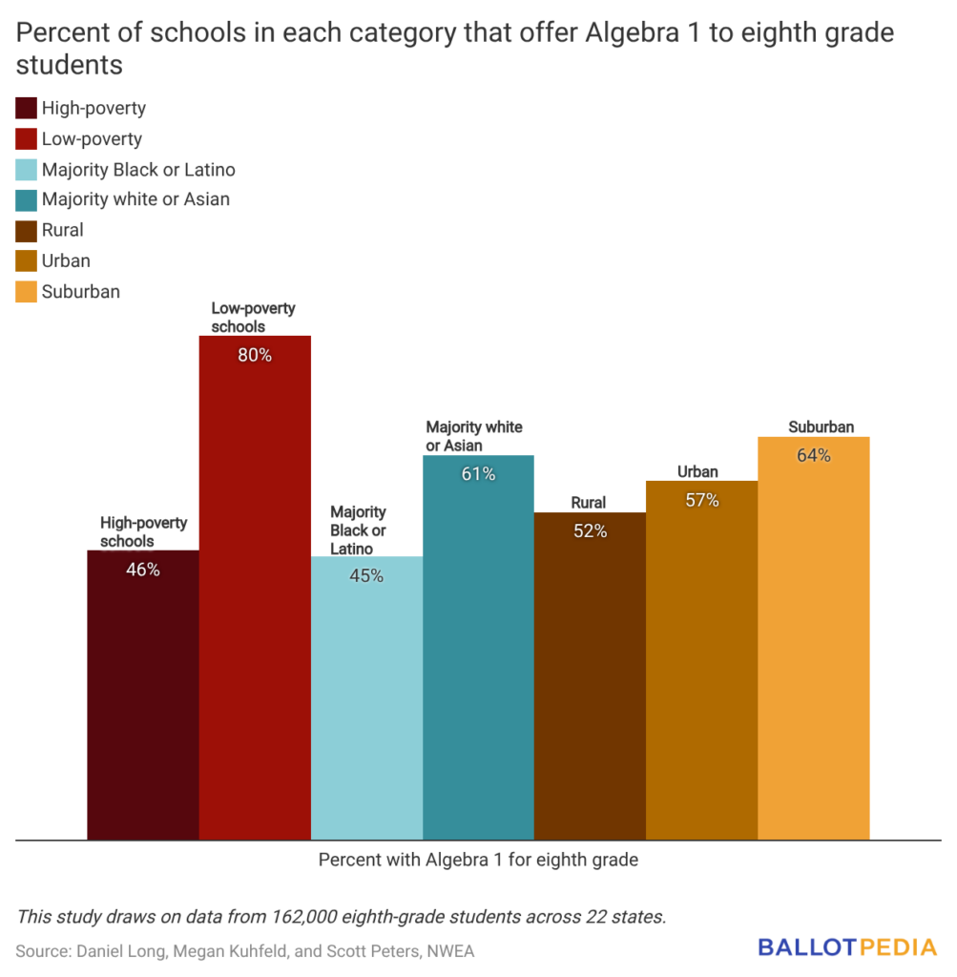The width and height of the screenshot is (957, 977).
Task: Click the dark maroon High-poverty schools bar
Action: (x=143, y=696)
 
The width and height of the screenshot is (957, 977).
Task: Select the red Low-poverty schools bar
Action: (x=255, y=592)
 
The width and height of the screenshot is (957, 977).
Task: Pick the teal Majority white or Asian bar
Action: (x=478, y=649)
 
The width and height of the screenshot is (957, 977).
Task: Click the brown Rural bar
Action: (x=590, y=677)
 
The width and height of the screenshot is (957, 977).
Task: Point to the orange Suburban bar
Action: (x=814, y=639)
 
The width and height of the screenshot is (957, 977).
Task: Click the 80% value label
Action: (x=255, y=356)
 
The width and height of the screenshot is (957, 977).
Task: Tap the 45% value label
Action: (x=366, y=576)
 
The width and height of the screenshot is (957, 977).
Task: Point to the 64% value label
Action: (x=814, y=456)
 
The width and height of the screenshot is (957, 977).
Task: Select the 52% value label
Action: (x=590, y=532)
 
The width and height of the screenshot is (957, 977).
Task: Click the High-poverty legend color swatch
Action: (x=27, y=109)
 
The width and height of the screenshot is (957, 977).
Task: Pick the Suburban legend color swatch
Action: (x=27, y=292)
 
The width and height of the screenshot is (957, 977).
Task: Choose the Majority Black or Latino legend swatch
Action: (x=27, y=170)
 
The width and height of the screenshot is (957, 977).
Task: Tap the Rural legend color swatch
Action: (x=27, y=231)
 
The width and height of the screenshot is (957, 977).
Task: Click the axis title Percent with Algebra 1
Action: (x=478, y=860)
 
